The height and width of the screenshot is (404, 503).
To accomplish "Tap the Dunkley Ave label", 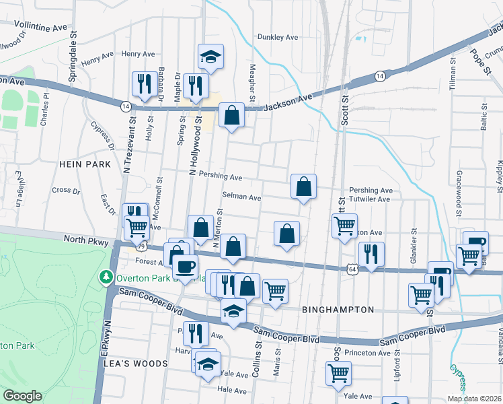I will point(277,38).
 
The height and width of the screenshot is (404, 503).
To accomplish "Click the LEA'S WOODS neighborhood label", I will point(135,363).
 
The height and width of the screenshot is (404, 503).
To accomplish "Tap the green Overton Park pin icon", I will point(105,277).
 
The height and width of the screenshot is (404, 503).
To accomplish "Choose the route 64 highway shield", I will point(352,269).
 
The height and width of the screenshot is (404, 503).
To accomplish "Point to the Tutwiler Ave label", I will point(370,199).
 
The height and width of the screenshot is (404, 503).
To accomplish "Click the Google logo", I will point(22,396).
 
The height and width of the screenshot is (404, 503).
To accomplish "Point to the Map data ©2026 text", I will point(474,399).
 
